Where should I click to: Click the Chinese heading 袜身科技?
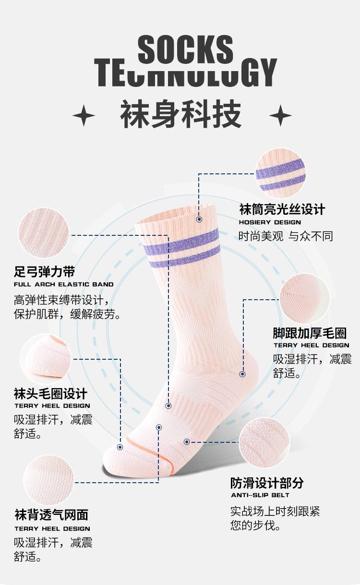click(x=180, y=115)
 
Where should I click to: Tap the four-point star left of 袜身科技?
click(x=84, y=116)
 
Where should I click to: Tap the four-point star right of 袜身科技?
click(x=280, y=116)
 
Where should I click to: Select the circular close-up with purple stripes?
click(x=281, y=173)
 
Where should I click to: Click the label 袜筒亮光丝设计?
click(x=282, y=209)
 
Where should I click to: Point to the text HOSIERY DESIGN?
click(x=270, y=222)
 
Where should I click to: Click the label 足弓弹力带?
click(x=44, y=272)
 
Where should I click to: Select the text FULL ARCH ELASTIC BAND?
click(x=63, y=284)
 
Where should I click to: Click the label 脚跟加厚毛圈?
click(x=310, y=333)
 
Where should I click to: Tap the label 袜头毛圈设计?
click(x=50, y=394)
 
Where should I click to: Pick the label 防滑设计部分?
click(x=267, y=483)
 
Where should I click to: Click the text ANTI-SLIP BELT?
click(x=260, y=495)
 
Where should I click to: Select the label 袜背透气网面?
click(x=51, y=515)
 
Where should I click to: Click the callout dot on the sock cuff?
click(x=199, y=219)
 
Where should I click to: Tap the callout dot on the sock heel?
click(x=242, y=374)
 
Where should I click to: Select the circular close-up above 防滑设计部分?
click(x=264, y=443)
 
